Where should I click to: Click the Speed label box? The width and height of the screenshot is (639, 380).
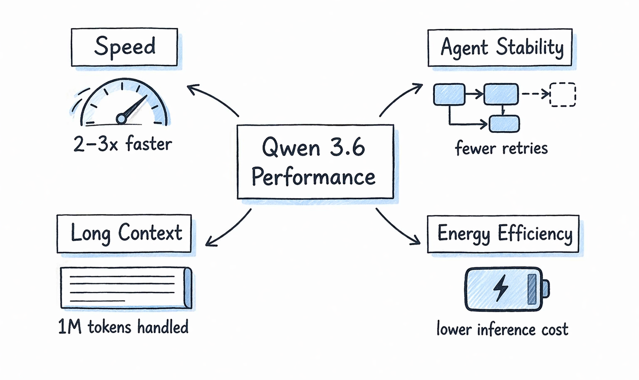(x=124, y=47)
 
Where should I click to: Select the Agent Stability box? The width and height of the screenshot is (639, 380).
(x=500, y=47)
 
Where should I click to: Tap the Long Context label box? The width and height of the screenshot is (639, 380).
(x=124, y=233)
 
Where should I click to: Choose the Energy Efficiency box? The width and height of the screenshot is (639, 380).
(x=503, y=234)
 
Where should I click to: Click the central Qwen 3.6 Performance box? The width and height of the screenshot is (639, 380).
(x=315, y=162)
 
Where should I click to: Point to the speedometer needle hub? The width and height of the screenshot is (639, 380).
(x=121, y=119)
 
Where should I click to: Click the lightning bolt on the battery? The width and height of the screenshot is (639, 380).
(x=501, y=288)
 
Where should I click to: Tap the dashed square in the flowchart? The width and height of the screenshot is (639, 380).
(x=562, y=95)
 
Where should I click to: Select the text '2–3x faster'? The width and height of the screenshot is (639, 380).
(x=122, y=144)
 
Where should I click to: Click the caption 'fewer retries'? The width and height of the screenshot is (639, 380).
(x=501, y=148)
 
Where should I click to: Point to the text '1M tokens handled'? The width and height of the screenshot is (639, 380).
(x=123, y=327)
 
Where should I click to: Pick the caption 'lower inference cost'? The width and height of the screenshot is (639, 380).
(x=502, y=330)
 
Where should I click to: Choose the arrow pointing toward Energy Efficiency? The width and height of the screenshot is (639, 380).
(x=397, y=227)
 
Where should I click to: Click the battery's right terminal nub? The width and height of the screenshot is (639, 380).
(x=545, y=288)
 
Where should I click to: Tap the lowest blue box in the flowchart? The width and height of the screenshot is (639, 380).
(x=504, y=124)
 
